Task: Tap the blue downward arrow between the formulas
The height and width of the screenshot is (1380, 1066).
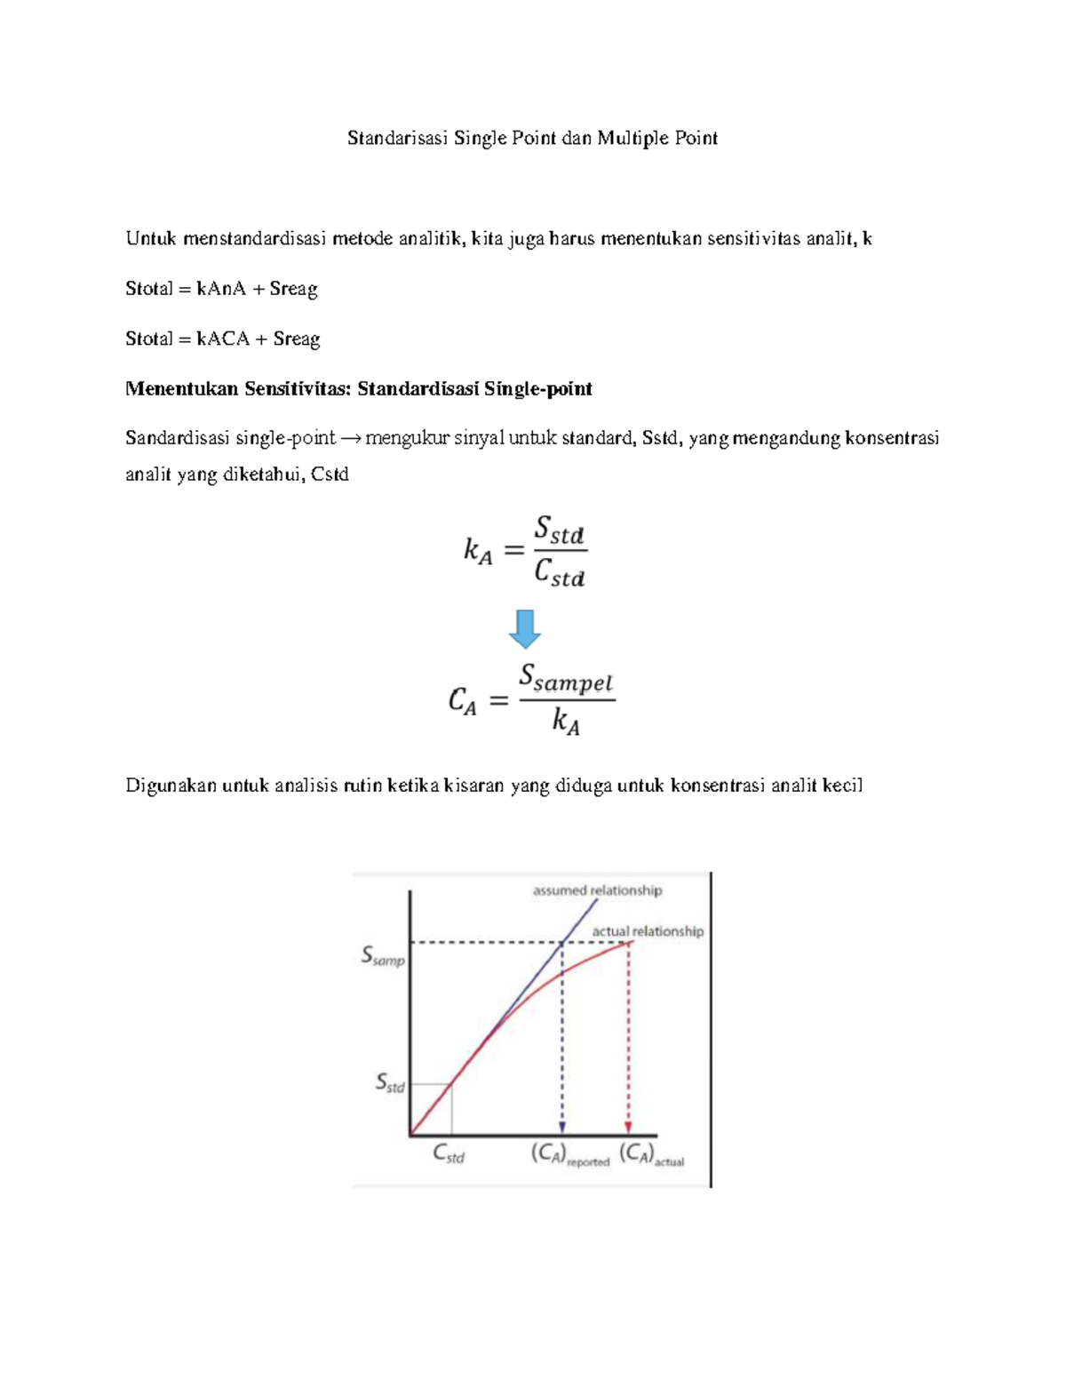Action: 525,629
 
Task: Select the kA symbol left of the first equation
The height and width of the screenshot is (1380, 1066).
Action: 477,552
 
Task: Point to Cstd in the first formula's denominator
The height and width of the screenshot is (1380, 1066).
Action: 560,574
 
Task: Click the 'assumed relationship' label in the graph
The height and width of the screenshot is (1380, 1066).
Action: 597,890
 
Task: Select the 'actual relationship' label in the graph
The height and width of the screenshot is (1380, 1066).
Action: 648,931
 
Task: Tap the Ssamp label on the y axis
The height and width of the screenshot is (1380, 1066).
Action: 382,956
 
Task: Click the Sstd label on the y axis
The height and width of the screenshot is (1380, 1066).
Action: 390,1083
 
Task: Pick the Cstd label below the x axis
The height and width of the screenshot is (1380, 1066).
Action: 449,1154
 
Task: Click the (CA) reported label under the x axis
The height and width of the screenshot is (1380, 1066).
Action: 570,1155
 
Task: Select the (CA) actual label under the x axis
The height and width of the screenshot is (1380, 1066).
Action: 652,1155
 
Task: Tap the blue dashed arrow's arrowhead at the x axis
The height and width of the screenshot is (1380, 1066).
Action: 561,1127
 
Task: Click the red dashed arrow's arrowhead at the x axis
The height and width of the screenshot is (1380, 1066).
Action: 629,1127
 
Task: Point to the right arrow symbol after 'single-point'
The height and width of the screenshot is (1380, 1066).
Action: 350,438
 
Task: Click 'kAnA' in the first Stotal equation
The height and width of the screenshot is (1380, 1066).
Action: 221,289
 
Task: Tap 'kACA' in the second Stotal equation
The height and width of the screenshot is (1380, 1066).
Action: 223,339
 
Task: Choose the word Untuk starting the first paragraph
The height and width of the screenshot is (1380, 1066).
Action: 151,238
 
